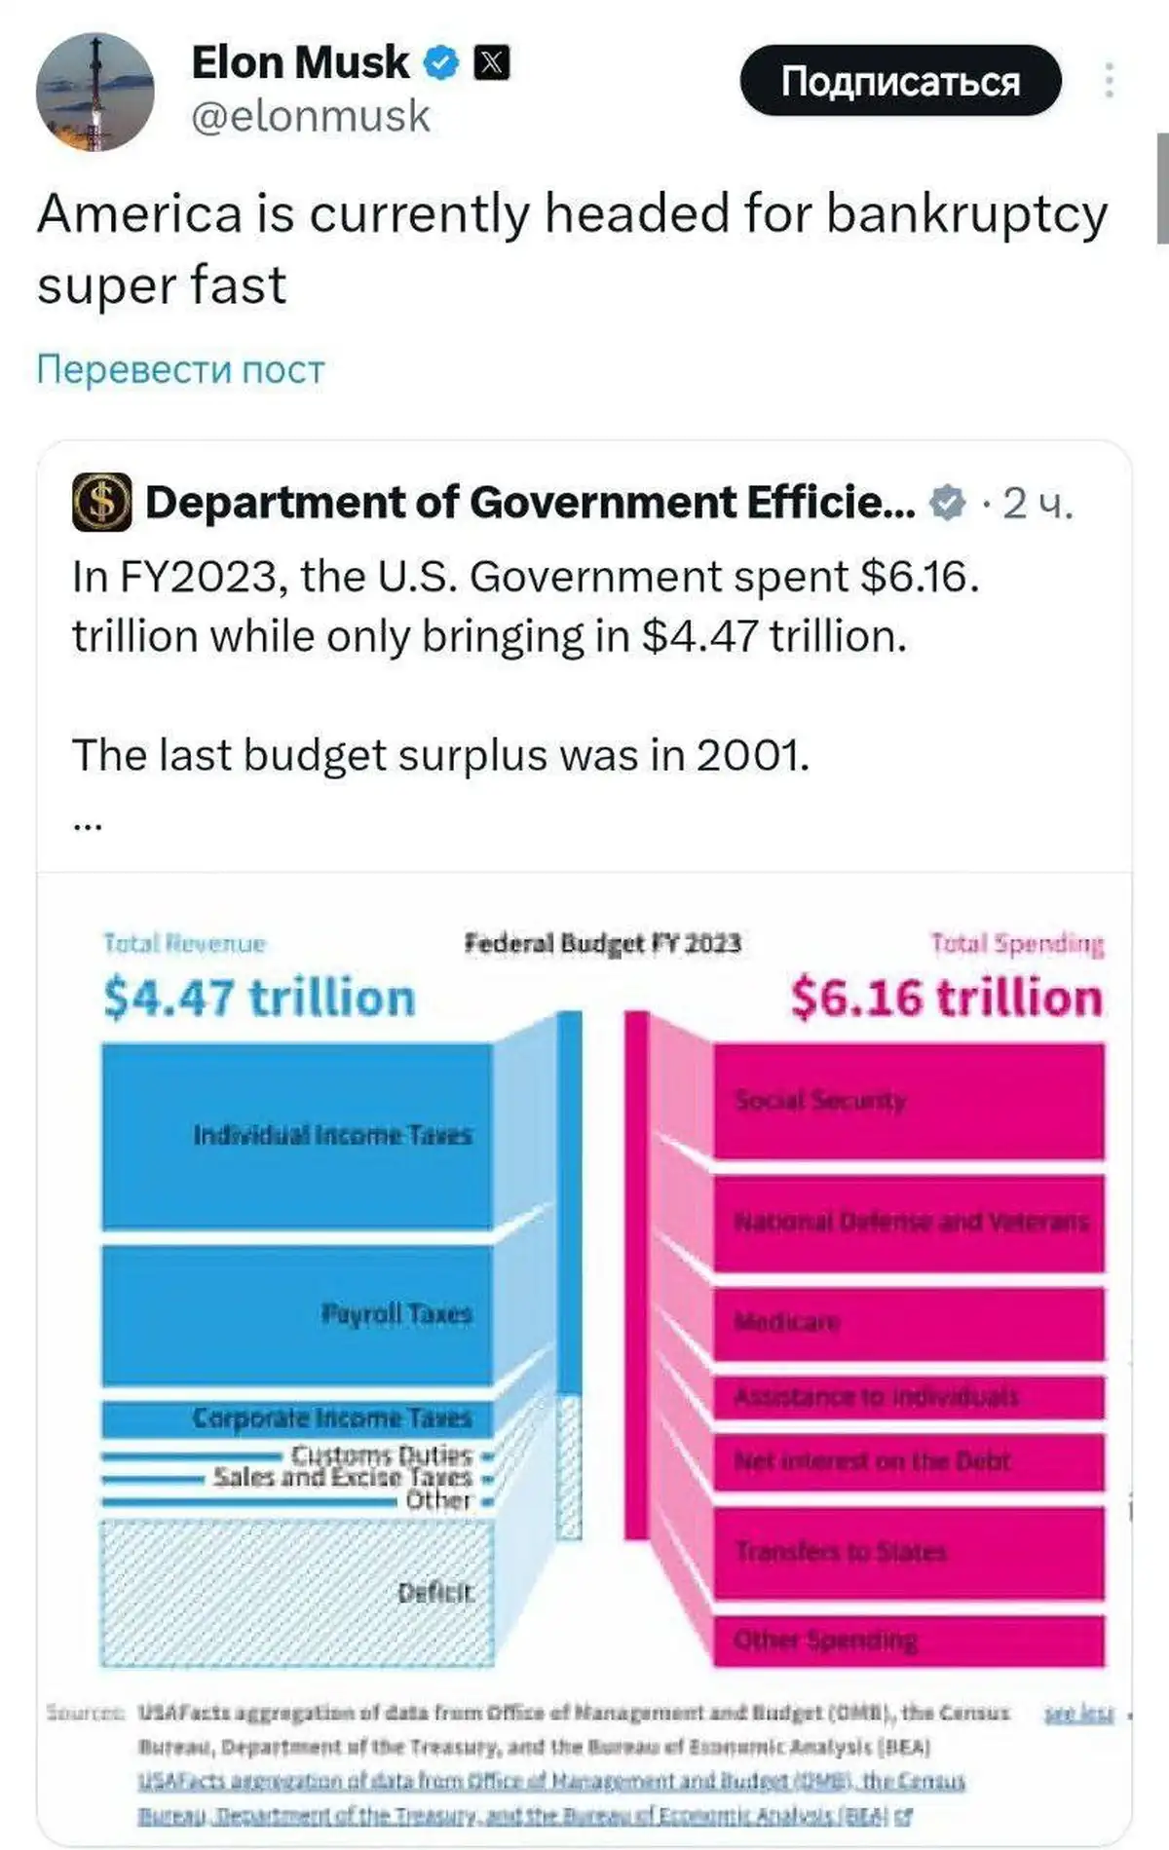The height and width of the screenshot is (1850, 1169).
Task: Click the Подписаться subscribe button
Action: pyautogui.click(x=900, y=81)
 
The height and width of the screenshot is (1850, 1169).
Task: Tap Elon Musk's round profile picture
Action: pyautogui.click(x=94, y=92)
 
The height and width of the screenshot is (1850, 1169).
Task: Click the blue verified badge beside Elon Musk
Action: pyautogui.click(x=441, y=63)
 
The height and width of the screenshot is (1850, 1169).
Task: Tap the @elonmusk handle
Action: pyautogui.click(x=311, y=116)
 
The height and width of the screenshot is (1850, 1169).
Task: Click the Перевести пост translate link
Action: pyautogui.click(x=180, y=369)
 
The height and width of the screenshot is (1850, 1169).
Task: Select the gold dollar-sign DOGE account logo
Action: pyautogui.click(x=102, y=503)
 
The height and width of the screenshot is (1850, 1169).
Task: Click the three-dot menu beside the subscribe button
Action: pyautogui.click(x=1109, y=81)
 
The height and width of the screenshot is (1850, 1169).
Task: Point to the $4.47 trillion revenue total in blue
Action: pyautogui.click(x=259, y=998)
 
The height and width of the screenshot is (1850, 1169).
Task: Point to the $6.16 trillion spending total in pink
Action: pyautogui.click(x=946, y=998)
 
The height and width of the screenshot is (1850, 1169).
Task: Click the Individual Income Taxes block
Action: pyautogui.click(x=297, y=1135)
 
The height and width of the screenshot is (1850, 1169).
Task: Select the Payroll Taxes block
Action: pyautogui.click(x=297, y=1314)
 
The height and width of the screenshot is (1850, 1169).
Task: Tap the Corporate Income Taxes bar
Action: pyautogui.click(x=297, y=1418)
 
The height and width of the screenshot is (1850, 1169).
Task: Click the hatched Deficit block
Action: pyautogui.click(x=297, y=1593)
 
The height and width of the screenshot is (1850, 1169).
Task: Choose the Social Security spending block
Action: pyautogui.click(x=909, y=1101)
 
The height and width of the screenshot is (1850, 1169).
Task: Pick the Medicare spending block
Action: pyautogui.click(x=909, y=1323)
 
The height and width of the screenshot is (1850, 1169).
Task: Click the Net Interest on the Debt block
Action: pyautogui.click(x=909, y=1461)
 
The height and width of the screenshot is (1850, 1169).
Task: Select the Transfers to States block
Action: pyautogui.click(x=909, y=1552)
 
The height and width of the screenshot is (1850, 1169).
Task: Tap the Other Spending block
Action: pyautogui.click(x=909, y=1641)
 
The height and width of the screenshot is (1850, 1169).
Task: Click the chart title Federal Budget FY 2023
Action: pyautogui.click(x=602, y=943)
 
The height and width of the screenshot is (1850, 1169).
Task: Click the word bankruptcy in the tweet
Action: pyautogui.click(x=966, y=214)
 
